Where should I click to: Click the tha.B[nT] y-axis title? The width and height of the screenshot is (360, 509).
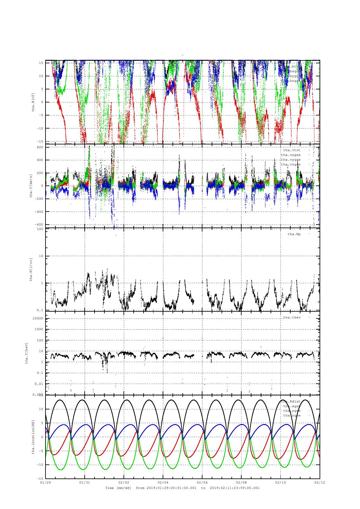pyautogui.click(x=33, y=102)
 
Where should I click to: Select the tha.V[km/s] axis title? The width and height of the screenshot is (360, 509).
pyautogui.click(x=31, y=186)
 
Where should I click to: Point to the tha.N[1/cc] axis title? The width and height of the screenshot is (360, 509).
pyautogui.click(x=31, y=269)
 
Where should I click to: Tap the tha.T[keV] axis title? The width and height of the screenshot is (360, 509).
pyautogui.click(x=27, y=353)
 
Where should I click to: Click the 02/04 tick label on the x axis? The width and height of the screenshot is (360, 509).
pyautogui.click(x=163, y=482)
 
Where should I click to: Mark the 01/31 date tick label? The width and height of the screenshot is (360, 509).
pyautogui.click(x=85, y=482)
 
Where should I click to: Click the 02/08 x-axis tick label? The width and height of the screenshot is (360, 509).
pyautogui.click(x=241, y=482)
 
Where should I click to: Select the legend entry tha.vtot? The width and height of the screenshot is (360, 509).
pyautogui.click(x=292, y=150)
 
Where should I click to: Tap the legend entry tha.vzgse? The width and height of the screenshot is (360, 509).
pyautogui.click(x=291, y=164)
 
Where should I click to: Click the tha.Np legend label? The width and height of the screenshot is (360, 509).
pyautogui.click(x=294, y=234)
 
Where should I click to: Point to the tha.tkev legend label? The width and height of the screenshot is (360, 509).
pyautogui.click(x=292, y=317)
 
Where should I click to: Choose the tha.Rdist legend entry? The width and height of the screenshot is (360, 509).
pyautogui.click(x=290, y=401)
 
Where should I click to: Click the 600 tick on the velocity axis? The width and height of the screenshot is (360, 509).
pyautogui.click(x=40, y=147)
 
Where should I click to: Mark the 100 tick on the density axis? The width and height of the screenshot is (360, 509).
pyautogui.click(x=40, y=229)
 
